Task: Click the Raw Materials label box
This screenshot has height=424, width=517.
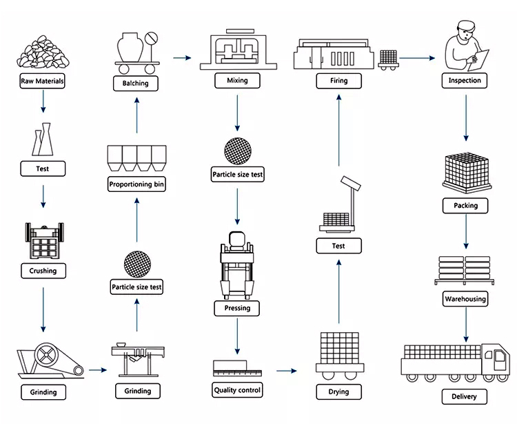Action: (42, 81)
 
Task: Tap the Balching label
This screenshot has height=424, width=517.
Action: (136, 84)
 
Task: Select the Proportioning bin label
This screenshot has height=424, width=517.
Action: (136, 184)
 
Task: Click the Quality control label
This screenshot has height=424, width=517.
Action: (237, 390)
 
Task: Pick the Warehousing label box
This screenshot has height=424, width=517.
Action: (465, 299)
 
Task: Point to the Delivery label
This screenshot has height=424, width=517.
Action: (464, 396)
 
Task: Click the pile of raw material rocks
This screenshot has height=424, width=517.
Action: (43, 52)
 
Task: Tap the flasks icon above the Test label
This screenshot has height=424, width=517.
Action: (43, 139)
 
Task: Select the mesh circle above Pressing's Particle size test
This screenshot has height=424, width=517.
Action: (238, 151)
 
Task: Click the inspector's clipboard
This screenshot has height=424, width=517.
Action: (478, 60)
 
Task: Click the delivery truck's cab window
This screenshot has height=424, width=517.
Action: (500, 357)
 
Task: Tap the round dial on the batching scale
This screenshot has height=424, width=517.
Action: (152, 38)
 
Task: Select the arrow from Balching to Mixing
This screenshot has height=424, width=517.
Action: (182, 58)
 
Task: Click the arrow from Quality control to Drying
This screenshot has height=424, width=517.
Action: (286, 371)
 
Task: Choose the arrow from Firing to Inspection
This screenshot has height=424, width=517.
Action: (417, 58)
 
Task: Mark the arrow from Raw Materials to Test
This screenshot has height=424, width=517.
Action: (43, 102)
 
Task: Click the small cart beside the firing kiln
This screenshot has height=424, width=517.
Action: (388, 60)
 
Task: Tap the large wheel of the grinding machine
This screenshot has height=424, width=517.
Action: (46, 356)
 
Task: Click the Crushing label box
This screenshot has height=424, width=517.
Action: (43, 271)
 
